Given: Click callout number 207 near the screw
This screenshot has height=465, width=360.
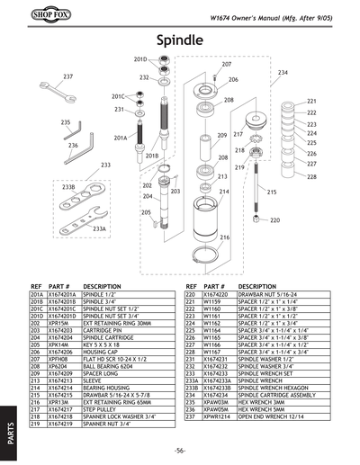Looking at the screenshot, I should (x=226, y=65).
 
